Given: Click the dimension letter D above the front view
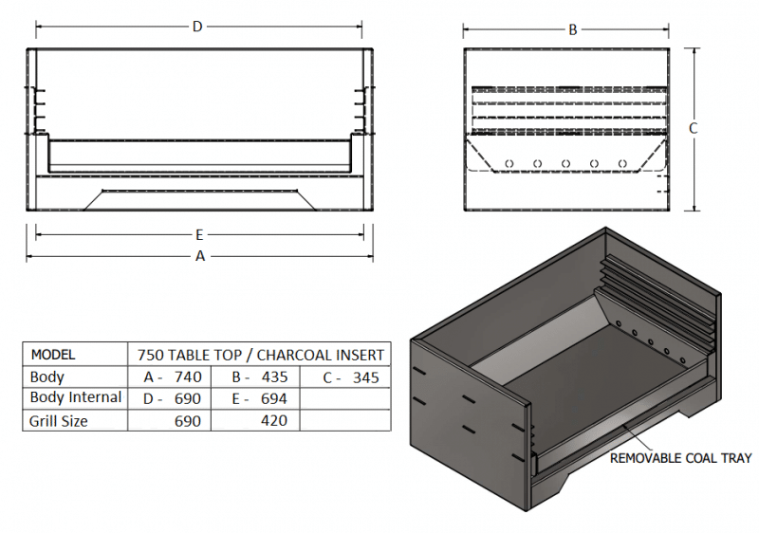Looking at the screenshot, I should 197,27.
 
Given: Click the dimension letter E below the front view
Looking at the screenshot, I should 200,234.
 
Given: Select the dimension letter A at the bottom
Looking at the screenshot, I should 200,256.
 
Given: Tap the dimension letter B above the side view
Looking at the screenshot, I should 573,29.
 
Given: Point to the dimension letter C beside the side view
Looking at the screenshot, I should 694,128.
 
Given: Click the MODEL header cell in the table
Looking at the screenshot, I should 53,355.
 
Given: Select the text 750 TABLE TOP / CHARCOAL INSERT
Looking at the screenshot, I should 262,355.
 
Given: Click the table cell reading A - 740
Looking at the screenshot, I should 173,377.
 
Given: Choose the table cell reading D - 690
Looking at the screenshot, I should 173,398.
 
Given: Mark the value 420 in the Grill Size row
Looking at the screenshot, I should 271,420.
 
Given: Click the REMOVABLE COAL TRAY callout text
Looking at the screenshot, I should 680,458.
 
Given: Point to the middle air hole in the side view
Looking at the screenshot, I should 565,163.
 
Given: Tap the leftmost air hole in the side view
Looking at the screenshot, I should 509,163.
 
